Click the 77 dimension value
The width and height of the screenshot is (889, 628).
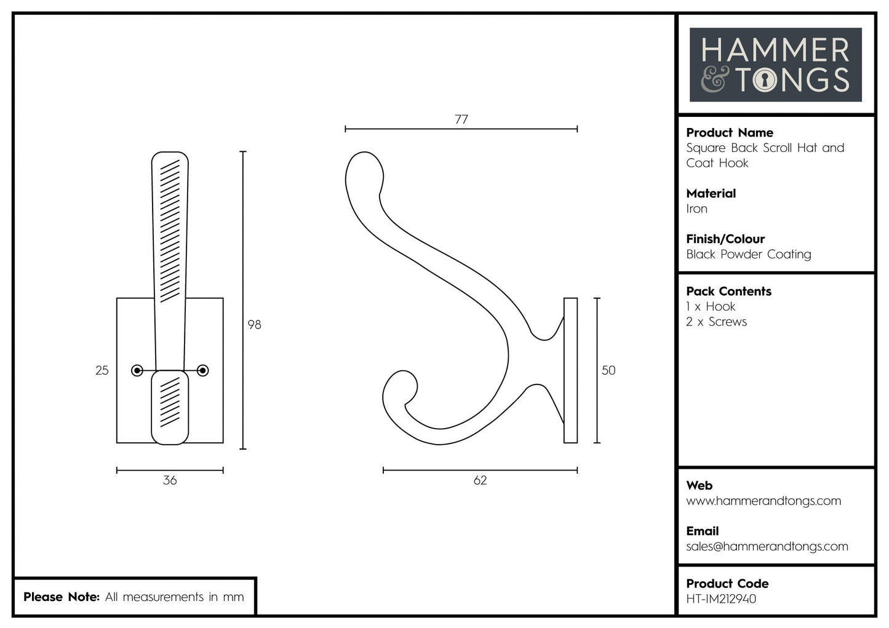[x=461, y=119]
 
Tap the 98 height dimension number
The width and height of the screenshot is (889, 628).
[x=254, y=325]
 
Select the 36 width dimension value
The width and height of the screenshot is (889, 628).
[x=170, y=480]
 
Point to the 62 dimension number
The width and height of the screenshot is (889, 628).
[x=480, y=480]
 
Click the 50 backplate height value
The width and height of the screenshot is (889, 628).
[x=608, y=370]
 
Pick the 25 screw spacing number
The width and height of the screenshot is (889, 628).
[x=102, y=370]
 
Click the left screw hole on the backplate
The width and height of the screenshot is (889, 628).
[x=138, y=370]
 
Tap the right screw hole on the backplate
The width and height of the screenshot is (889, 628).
[x=202, y=370]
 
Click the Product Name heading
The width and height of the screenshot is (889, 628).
[x=729, y=133]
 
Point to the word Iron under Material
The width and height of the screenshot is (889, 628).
[x=696, y=209]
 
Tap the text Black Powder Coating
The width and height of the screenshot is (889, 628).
[x=748, y=255]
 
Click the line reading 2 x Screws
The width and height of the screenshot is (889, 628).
[x=716, y=322]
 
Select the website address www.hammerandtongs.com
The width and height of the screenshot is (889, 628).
[x=763, y=501]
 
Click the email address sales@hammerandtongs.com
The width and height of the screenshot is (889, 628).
[x=767, y=547]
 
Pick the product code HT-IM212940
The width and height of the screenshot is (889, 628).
[x=721, y=599]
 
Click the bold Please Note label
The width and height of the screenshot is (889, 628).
[x=61, y=597]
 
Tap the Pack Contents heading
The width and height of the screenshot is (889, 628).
[x=728, y=292]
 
